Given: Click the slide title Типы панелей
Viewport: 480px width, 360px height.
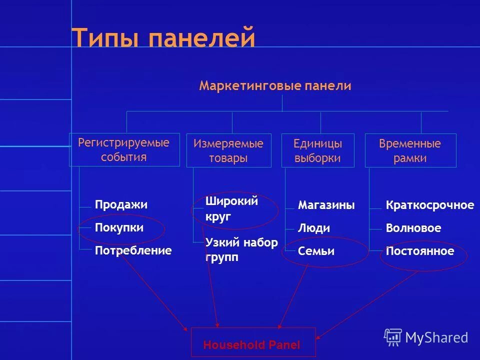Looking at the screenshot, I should [x=163, y=38].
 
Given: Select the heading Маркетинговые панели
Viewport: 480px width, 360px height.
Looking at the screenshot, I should [x=275, y=86].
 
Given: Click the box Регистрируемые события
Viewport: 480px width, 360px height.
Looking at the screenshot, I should [x=124, y=150].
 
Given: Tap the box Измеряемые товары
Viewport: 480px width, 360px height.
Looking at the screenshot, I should [x=228, y=151].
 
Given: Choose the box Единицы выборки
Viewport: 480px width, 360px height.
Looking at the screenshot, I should [x=318, y=151].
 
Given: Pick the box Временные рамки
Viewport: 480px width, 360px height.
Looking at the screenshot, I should [x=410, y=151].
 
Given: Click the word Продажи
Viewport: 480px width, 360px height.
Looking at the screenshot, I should [x=121, y=205].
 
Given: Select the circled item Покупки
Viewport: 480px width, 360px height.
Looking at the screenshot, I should [x=119, y=228].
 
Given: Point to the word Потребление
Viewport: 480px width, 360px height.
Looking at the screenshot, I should [x=133, y=250].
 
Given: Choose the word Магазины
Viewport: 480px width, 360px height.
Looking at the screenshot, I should [x=326, y=205].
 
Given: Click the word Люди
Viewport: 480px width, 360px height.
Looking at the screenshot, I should [x=314, y=228].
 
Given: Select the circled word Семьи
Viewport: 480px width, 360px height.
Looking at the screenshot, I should [x=316, y=251].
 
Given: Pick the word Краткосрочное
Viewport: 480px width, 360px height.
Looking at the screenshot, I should [x=429, y=205].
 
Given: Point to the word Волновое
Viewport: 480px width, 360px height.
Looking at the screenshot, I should [x=413, y=228].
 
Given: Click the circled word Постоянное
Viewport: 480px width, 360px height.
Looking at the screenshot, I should [x=419, y=251].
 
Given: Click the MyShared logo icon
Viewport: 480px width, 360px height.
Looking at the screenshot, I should [x=393, y=337].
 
